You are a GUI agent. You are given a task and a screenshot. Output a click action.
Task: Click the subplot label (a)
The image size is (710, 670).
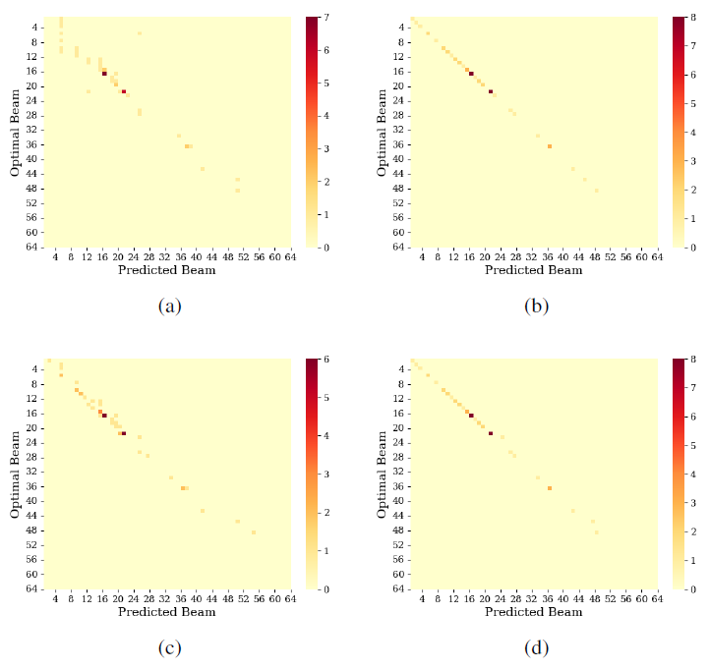click(x=170, y=307)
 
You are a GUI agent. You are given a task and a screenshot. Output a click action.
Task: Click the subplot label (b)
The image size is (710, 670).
click(x=536, y=307)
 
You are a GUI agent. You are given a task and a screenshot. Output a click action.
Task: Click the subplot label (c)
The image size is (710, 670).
click(x=170, y=648)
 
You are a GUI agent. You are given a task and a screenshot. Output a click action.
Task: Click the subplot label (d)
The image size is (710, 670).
click(x=536, y=648)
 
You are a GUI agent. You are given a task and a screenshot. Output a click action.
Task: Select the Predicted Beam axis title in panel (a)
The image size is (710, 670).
click(x=167, y=270)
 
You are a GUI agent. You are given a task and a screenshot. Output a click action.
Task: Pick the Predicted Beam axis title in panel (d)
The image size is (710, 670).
click(x=533, y=612)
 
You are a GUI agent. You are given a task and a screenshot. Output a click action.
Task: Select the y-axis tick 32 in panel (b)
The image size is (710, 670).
click(x=399, y=130)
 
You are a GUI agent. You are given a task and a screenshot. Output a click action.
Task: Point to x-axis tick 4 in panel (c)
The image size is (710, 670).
click(x=57, y=599)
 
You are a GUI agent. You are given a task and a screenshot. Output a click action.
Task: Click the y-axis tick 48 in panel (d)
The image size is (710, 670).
click(x=399, y=530)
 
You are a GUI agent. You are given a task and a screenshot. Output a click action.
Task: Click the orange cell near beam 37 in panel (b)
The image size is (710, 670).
click(x=549, y=146)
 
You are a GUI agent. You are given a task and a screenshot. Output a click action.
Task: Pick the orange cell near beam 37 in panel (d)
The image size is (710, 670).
click(x=549, y=488)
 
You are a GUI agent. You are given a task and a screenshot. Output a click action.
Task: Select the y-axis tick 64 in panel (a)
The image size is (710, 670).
click(x=32, y=248)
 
